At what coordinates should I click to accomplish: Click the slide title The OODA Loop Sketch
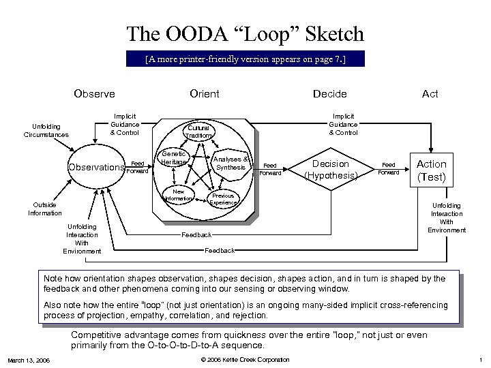click(245, 34)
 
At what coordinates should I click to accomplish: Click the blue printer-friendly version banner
click(245, 59)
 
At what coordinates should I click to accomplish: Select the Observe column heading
click(94, 94)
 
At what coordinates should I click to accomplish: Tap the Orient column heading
click(205, 94)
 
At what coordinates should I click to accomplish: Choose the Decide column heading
click(329, 94)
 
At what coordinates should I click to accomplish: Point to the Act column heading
click(430, 94)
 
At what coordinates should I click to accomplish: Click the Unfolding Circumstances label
click(46, 130)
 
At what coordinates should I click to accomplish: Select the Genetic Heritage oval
click(174, 158)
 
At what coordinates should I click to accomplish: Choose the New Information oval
click(179, 196)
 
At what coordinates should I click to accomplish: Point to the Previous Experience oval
click(223, 199)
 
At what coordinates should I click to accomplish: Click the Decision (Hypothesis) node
click(331, 169)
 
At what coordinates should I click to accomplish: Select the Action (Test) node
click(431, 170)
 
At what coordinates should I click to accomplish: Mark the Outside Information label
click(45, 209)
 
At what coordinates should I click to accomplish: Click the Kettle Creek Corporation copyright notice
click(245, 360)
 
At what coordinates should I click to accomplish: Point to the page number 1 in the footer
click(480, 360)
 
